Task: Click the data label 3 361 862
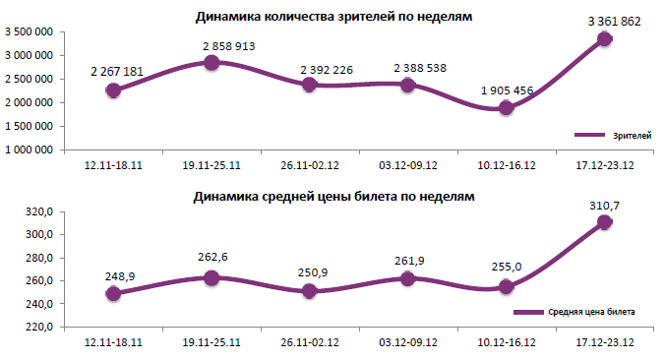pos(606,20)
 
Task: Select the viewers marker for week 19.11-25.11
pos(211,63)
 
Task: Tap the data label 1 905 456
pos(508,90)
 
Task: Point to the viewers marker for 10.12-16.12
pos(507,108)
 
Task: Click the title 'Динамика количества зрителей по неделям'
pos(333,17)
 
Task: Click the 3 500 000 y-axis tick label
pos(30,31)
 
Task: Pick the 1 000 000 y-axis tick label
pos(30,150)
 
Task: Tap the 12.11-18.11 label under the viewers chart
pos(114,166)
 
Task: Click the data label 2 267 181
pos(115,72)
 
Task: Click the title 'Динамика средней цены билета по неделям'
pos(333,196)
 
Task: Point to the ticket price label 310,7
pos(606,204)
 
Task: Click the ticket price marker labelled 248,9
pos(114,293)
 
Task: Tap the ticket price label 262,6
pos(212,258)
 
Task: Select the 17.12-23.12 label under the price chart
pos(605,343)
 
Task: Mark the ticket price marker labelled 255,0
pos(507,287)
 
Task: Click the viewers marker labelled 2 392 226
pos(310,85)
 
